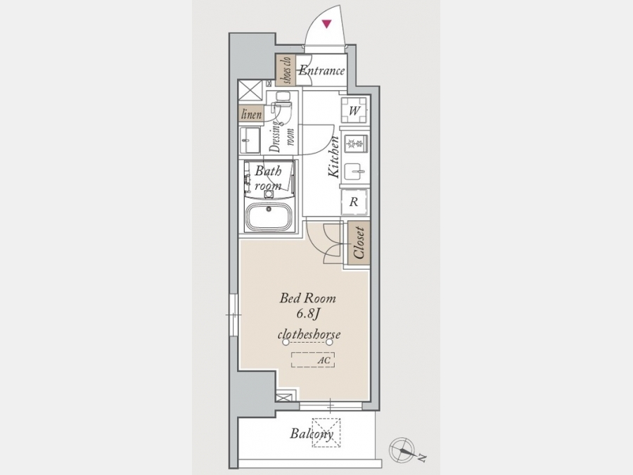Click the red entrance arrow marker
click(326, 24)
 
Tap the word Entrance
click(321, 70)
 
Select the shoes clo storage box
click(286, 70)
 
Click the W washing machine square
click(354, 110)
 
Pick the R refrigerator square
click(354, 201)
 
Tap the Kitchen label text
click(334, 157)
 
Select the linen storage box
click(251, 114)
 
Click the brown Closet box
click(359, 242)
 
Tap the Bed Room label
click(307, 298)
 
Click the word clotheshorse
click(309, 334)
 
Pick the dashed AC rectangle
click(313, 360)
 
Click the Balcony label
click(312, 434)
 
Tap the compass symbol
click(402, 450)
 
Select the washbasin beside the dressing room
click(250, 140)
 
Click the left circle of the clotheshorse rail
click(286, 343)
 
